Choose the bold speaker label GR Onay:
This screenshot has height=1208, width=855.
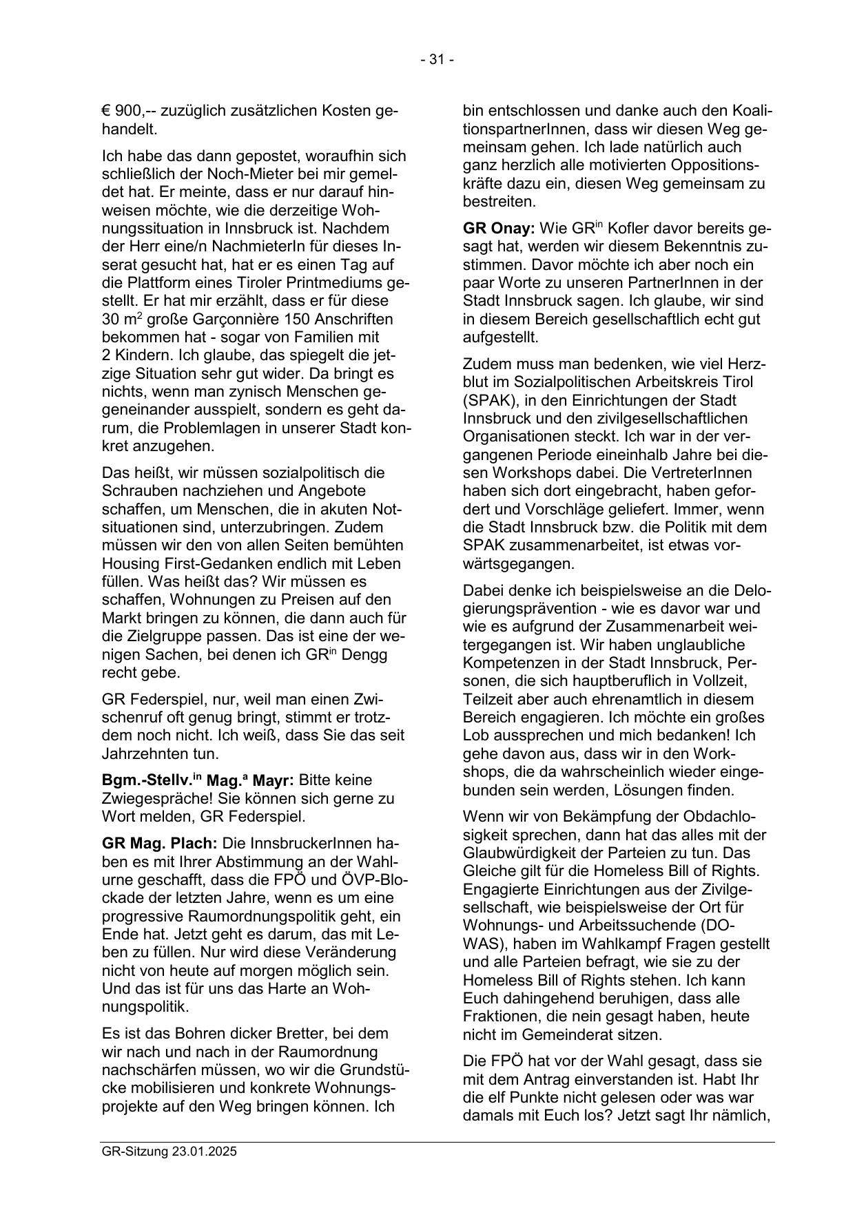[x=499, y=229]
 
